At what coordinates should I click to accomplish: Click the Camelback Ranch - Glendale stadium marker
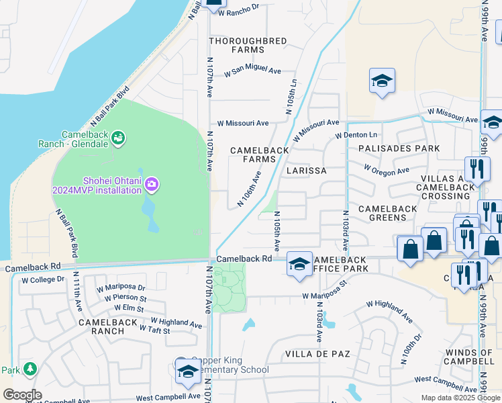tap(119, 138)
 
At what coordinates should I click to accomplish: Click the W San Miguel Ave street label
tap(252, 70)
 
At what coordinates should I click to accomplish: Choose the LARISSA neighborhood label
tap(306, 171)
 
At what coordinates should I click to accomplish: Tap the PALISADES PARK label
tap(399, 148)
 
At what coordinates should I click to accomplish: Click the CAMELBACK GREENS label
tap(397, 213)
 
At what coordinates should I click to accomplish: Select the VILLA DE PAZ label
tap(315, 353)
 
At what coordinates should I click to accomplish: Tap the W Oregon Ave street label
tap(386, 170)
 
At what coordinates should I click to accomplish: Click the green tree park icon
tap(30, 369)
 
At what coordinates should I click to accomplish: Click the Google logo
tap(22, 395)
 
